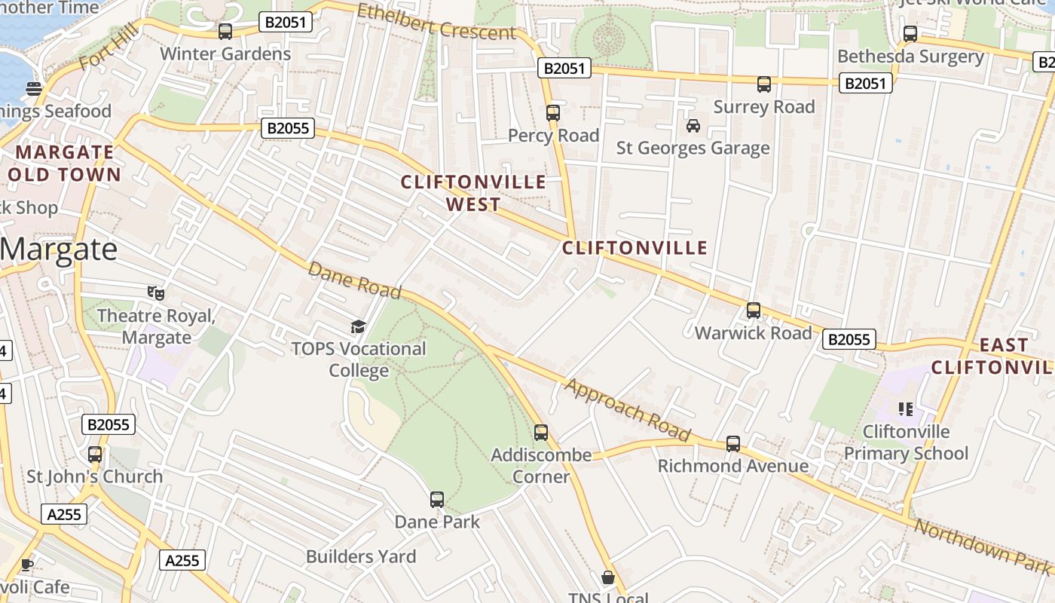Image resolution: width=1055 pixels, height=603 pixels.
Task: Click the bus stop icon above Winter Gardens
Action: [x=225, y=32]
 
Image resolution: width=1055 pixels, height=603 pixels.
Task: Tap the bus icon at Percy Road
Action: [x=553, y=113]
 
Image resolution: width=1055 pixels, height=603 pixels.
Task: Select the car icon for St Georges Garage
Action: [x=693, y=126]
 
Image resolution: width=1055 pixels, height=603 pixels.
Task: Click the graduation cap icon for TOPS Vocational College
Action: [x=358, y=326]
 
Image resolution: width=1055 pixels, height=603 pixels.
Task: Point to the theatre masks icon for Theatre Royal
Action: [x=156, y=292]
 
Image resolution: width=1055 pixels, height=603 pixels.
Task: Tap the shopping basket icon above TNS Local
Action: [x=608, y=577]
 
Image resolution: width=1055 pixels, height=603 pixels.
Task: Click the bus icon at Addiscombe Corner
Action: [x=541, y=433]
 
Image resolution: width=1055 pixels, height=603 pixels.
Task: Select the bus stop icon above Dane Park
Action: [x=437, y=499]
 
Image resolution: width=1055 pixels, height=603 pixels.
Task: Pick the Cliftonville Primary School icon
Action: [x=906, y=409]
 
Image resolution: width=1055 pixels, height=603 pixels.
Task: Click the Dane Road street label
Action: [x=354, y=280]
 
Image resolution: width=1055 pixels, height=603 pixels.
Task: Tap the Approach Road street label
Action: [x=628, y=409]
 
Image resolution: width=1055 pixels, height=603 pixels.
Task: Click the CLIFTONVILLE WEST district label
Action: [x=473, y=193]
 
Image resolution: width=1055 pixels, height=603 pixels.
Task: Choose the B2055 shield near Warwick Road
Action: [x=849, y=340]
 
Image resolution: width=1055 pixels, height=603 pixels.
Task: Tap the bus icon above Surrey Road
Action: [x=764, y=84]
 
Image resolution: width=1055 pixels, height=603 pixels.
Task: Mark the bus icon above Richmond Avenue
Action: [x=733, y=444]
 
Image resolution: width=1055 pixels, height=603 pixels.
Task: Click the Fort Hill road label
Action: [x=109, y=46]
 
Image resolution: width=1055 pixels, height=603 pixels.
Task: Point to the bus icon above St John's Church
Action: [x=95, y=455]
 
